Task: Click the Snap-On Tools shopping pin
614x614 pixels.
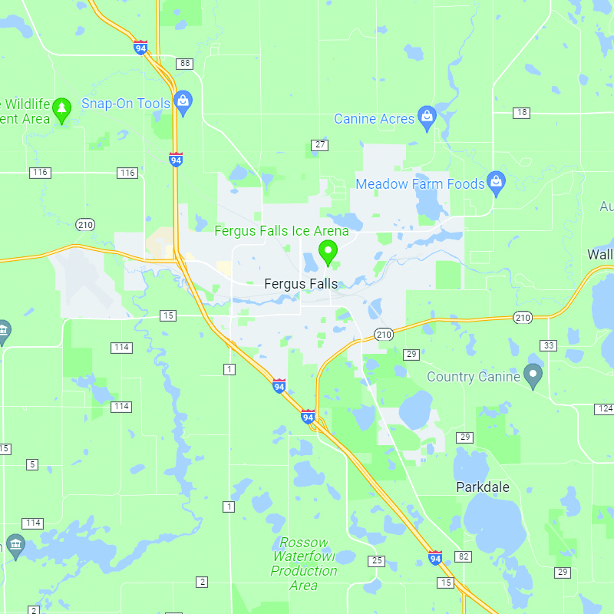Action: click(x=183, y=101)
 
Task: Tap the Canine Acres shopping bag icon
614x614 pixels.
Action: click(x=427, y=117)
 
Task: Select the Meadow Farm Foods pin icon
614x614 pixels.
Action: click(x=497, y=183)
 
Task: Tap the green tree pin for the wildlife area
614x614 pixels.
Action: click(x=62, y=110)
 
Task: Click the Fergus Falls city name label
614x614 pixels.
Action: click(x=300, y=284)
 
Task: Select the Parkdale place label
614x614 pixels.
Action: click(x=483, y=487)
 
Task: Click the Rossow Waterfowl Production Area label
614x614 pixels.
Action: click(x=304, y=563)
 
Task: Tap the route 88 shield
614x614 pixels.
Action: click(x=184, y=63)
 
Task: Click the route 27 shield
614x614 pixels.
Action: click(x=320, y=145)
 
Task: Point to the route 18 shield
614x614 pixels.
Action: click(x=522, y=113)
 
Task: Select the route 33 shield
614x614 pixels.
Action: click(x=549, y=345)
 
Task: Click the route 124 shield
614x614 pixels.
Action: click(x=604, y=408)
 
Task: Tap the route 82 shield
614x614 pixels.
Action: click(x=463, y=556)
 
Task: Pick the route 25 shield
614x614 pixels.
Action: click(x=376, y=561)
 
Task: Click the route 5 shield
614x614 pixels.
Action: click(x=31, y=464)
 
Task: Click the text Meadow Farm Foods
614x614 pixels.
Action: click(x=420, y=184)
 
